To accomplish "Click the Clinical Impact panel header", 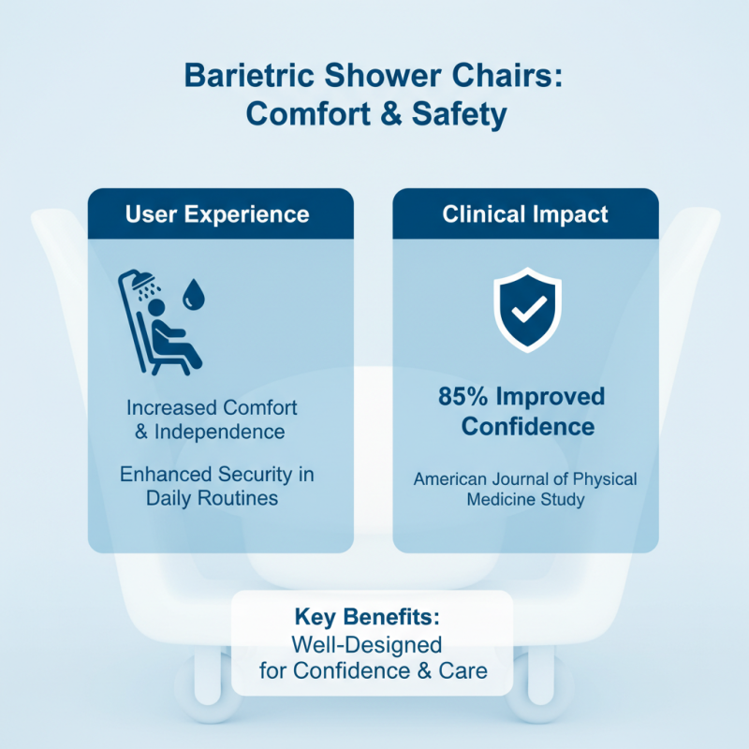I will tap(525, 213).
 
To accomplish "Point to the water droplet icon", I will tap(196, 293).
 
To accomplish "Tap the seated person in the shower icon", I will tap(174, 337).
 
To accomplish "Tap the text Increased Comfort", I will tap(213, 408).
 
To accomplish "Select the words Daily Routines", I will tap(213, 498).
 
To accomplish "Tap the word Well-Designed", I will tap(367, 645).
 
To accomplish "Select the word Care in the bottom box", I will tap(463, 670).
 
